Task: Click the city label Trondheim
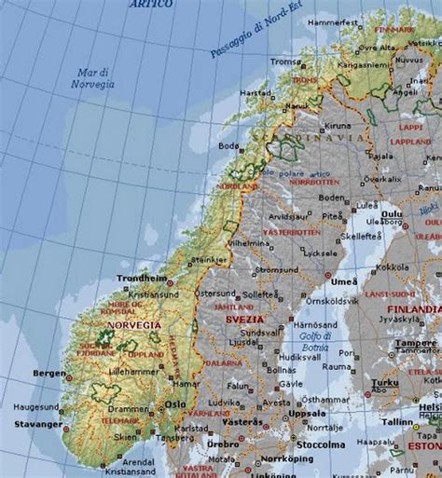(x=141, y=278)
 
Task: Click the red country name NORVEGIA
(x=133, y=325)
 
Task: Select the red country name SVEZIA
(x=244, y=320)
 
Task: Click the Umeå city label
(x=343, y=280)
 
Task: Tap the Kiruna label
(x=338, y=126)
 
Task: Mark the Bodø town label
(x=228, y=145)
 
